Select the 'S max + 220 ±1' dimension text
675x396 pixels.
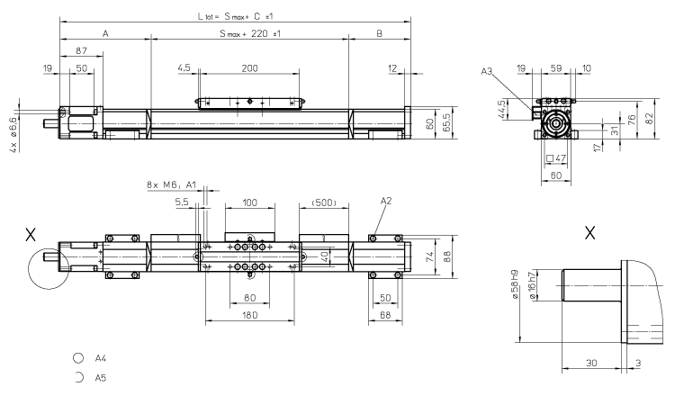click(x=249, y=33)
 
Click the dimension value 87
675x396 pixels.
click(x=82, y=51)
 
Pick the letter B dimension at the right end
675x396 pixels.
click(x=379, y=33)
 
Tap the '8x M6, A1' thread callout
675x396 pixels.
click(x=171, y=185)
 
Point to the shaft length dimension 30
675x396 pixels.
click(x=589, y=364)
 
